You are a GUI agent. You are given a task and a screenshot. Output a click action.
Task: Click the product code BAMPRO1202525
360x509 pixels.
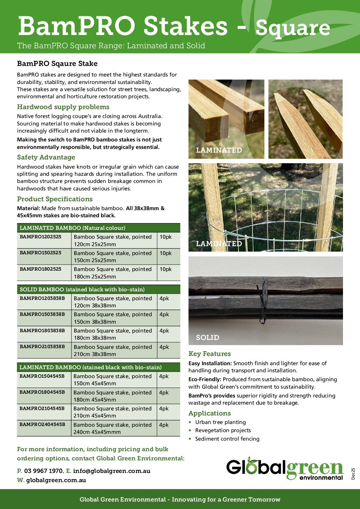(40, 237)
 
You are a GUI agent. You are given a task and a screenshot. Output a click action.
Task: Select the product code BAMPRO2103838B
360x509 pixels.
(42, 346)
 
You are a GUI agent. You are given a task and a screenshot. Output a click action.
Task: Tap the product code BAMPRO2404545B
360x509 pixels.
(42, 424)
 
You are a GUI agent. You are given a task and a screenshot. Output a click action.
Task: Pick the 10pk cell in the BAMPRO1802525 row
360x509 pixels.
(166, 269)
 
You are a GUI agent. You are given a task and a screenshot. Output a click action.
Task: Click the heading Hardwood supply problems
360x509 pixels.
(63, 107)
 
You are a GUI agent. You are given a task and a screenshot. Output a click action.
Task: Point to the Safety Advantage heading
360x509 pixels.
(46, 157)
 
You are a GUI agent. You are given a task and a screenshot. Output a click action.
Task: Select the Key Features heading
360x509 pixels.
(210, 354)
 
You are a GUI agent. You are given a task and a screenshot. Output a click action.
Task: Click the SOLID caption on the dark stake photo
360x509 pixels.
(208, 338)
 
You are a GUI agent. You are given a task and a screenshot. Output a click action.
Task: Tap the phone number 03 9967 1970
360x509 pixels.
(44, 471)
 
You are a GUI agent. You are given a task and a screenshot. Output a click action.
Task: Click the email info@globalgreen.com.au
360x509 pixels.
(112, 471)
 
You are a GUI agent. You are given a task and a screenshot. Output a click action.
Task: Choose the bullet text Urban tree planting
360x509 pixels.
(220, 422)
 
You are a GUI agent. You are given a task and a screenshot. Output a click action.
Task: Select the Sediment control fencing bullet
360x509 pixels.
(227, 439)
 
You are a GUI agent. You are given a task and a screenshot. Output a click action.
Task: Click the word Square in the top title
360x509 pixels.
(293, 28)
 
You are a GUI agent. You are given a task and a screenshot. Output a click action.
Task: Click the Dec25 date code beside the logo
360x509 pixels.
(353, 474)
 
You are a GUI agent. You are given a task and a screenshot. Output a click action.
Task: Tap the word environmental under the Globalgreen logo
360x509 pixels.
(321, 477)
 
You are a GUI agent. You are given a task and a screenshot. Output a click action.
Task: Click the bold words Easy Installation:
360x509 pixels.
(210, 363)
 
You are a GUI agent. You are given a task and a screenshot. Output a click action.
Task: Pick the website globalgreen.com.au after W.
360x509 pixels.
(56, 480)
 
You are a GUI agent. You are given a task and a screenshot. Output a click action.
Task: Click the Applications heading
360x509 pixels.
(210, 413)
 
